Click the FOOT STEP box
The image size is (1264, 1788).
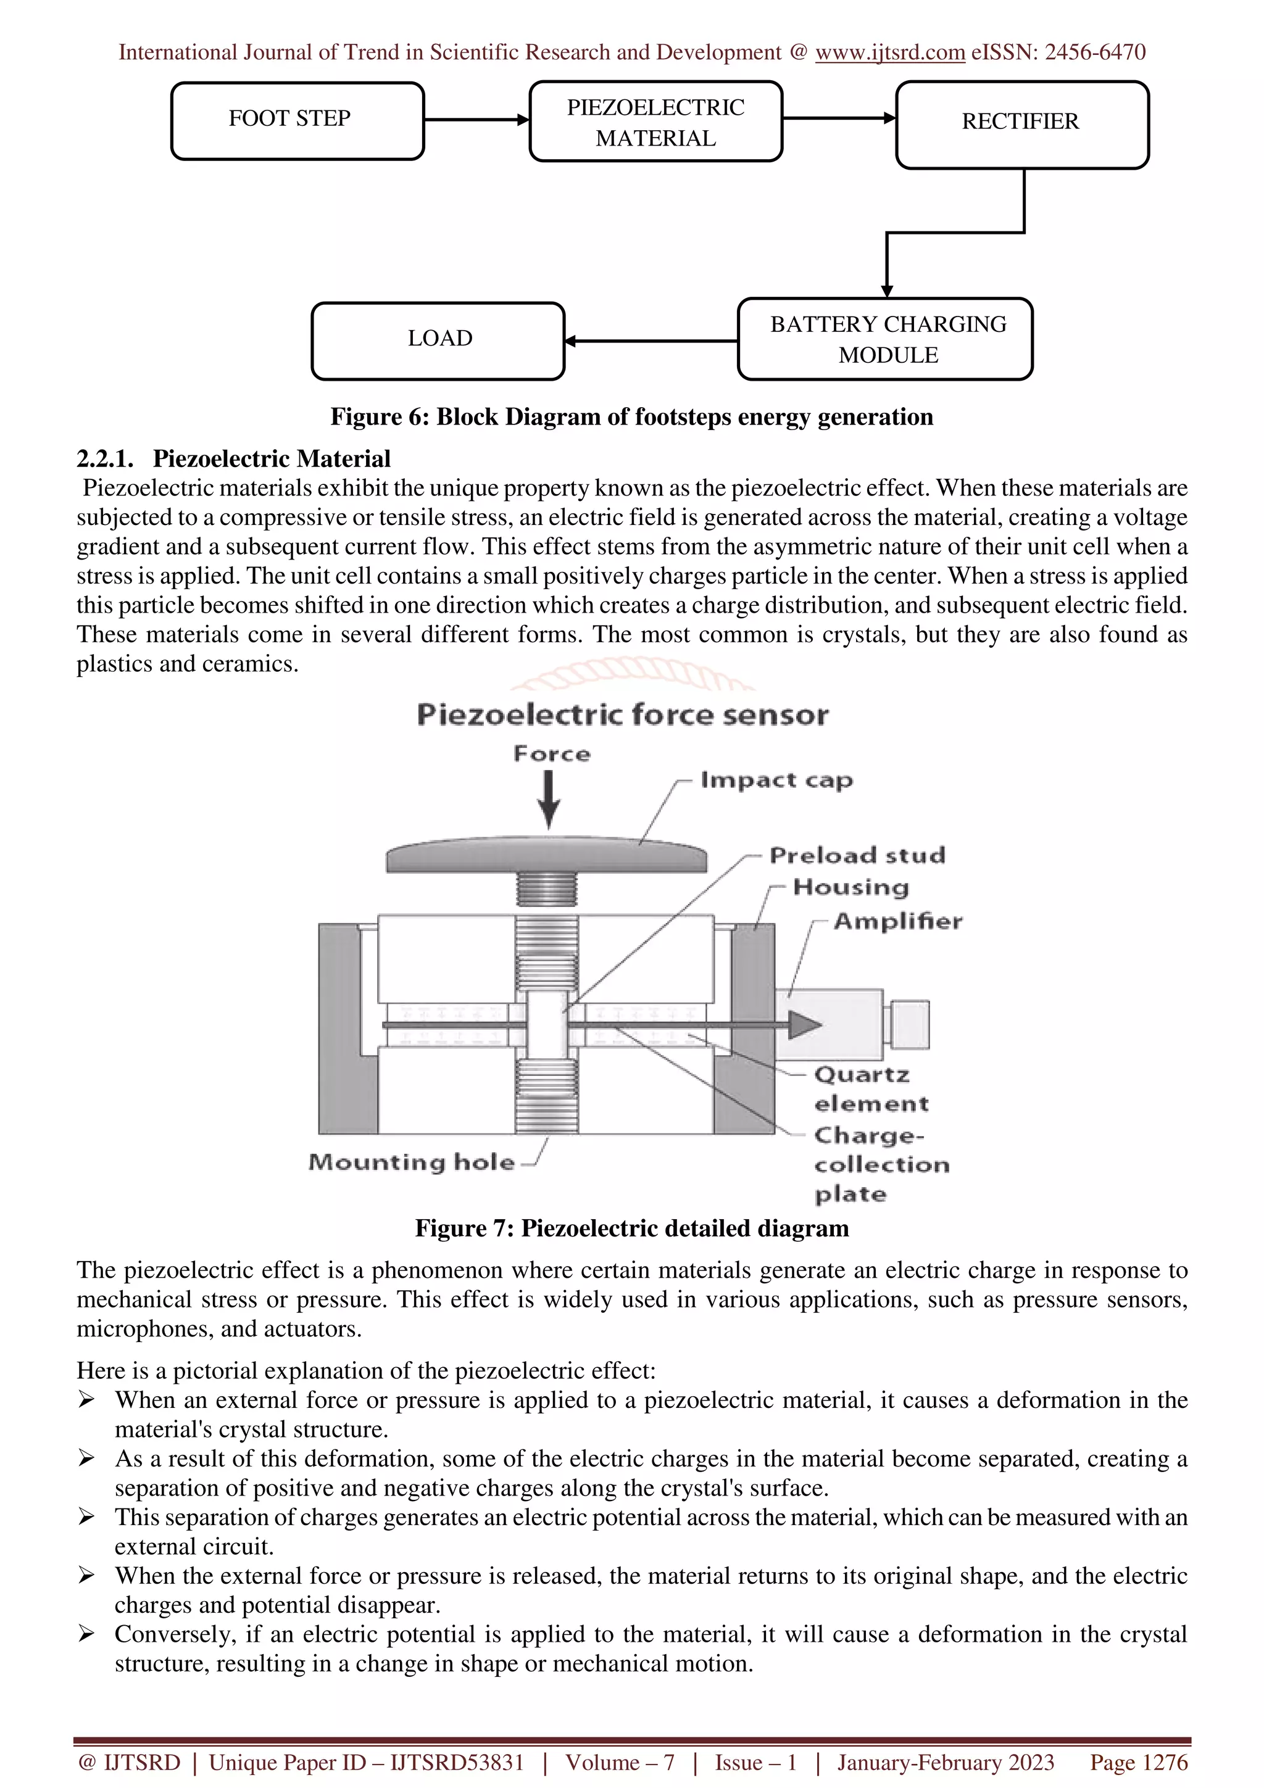pos(297,121)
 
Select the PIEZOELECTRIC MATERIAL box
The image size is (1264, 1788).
pos(655,122)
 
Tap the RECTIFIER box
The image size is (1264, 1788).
pos(1022,125)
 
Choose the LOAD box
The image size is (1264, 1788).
pos(438,341)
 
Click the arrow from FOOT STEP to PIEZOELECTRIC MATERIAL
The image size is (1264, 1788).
pos(476,120)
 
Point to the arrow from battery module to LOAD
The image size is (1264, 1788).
pos(651,341)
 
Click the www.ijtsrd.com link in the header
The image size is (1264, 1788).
pos(889,52)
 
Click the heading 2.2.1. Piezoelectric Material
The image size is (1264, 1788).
pos(234,458)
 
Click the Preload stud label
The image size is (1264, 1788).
pos(857,855)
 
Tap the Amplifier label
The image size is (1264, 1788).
pos(897,921)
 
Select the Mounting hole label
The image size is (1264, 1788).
pos(411,1162)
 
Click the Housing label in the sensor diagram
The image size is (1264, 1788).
pos(850,887)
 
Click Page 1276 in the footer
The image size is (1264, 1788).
pos(1139,1762)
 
